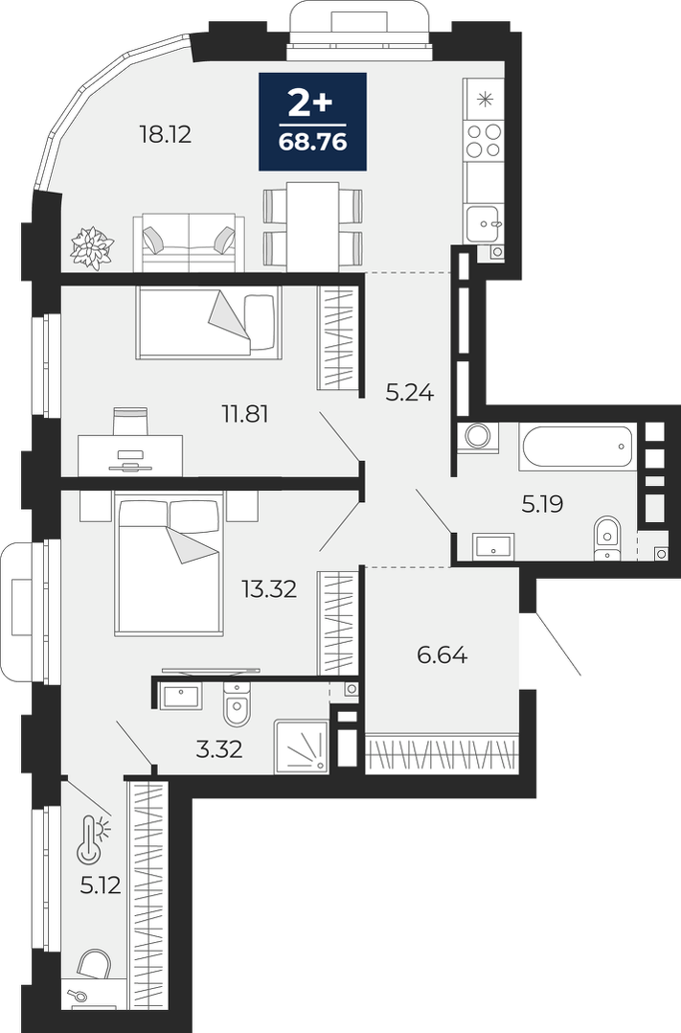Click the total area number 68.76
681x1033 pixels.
pyautogui.click(x=313, y=142)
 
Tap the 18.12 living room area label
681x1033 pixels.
pyautogui.click(x=166, y=134)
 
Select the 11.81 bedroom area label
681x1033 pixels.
pyautogui.click(x=244, y=415)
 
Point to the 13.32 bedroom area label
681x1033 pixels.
pyautogui.click(x=269, y=589)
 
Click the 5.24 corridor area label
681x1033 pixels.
pyautogui.click(x=410, y=393)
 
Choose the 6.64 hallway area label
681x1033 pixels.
pyautogui.click(x=442, y=654)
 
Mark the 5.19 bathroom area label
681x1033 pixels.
pyautogui.click(x=542, y=505)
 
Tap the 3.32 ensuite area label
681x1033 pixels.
pyautogui.click(x=220, y=749)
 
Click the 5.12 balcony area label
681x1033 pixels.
pyautogui.click(x=101, y=886)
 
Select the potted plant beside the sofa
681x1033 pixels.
pyautogui.click(x=93, y=248)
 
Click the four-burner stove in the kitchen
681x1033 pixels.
pyautogui.click(x=484, y=140)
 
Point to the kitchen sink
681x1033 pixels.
pyautogui.click(x=484, y=224)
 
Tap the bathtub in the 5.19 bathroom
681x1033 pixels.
pyautogui.click(x=577, y=448)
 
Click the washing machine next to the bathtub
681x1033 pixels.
pyautogui.click(x=478, y=436)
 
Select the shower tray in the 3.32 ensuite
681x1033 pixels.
pyautogui.click(x=301, y=746)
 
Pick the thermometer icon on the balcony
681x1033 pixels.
pyautogui.click(x=92, y=840)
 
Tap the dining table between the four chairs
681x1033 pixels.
pyautogui.click(x=313, y=226)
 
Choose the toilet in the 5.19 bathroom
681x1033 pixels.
pyautogui.click(x=607, y=538)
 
